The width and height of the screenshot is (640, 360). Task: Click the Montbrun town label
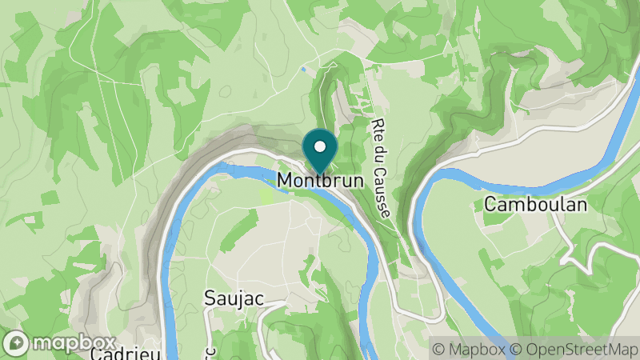(x=320, y=181)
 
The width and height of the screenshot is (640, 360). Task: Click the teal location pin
(x=321, y=153)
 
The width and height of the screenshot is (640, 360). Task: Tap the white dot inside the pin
(x=321, y=146)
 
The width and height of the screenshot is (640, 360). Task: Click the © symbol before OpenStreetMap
(x=517, y=349)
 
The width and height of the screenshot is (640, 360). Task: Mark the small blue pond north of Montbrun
(x=303, y=69)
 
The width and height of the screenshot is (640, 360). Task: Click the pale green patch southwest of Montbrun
(x=266, y=194)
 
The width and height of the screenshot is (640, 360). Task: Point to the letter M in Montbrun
(x=286, y=181)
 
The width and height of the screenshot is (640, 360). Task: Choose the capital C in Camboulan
(x=490, y=205)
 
